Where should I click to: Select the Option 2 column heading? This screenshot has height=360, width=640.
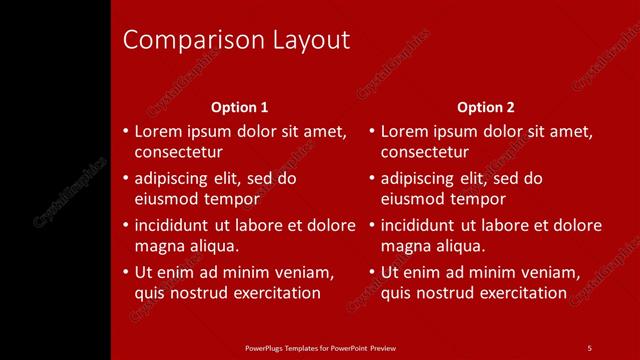coord(486,107)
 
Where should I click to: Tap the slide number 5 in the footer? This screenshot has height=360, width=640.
coord(590,347)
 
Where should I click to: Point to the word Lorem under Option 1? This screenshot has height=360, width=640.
coord(156,131)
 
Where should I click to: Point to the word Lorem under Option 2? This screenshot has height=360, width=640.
coord(403,131)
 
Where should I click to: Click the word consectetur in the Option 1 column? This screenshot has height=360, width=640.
coord(178,152)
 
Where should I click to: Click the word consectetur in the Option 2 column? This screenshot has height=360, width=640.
coord(425,152)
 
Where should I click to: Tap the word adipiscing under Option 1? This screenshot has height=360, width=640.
coord(172,179)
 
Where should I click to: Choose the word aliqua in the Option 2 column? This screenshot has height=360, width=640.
coord(458,246)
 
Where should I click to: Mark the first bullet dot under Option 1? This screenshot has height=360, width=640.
coord(125,131)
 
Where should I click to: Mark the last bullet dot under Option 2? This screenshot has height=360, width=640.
coord(372,272)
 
